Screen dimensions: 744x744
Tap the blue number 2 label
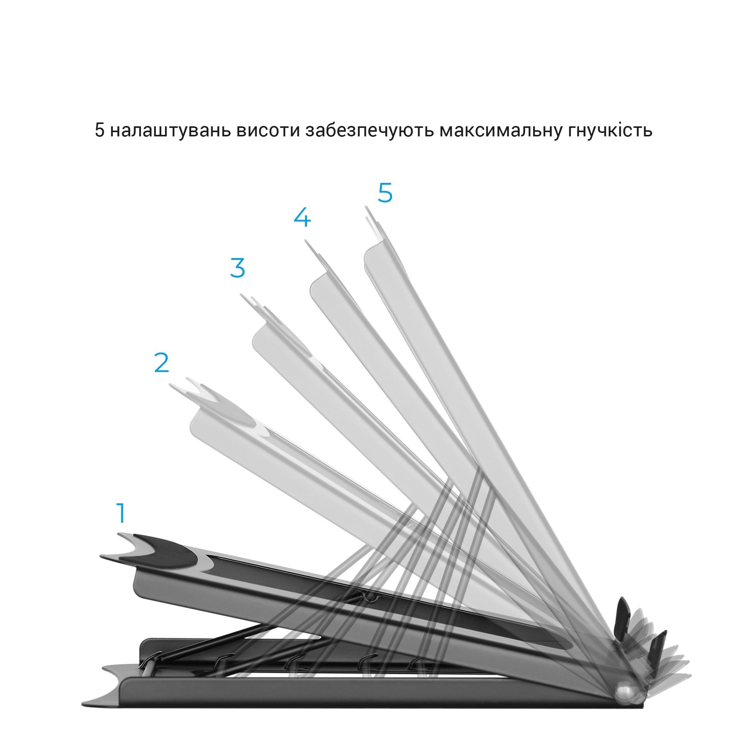tap(162, 362)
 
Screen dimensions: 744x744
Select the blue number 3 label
tap(238, 267)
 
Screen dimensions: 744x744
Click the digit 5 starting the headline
tap(100, 131)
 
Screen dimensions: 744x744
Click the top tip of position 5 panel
tap(366, 207)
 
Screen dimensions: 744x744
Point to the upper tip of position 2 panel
tap(171, 385)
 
